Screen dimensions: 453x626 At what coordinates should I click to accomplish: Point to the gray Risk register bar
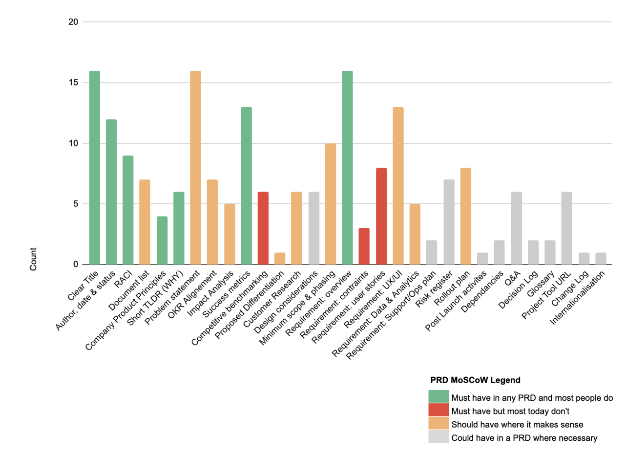point(449,222)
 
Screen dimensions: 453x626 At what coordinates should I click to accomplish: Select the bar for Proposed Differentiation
point(280,259)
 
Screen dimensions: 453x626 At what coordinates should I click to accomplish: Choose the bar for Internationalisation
point(601,259)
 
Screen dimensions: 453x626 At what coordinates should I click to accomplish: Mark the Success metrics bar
point(246,185)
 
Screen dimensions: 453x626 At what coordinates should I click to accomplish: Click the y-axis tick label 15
point(73,83)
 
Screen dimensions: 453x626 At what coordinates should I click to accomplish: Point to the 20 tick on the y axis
point(73,22)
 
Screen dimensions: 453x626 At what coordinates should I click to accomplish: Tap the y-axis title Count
point(33,259)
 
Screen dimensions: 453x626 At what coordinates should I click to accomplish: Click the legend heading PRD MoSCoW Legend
point(475,379)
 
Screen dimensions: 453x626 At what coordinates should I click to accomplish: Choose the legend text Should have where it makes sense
point(517,424)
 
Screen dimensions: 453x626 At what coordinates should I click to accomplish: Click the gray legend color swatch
point(438,437)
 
